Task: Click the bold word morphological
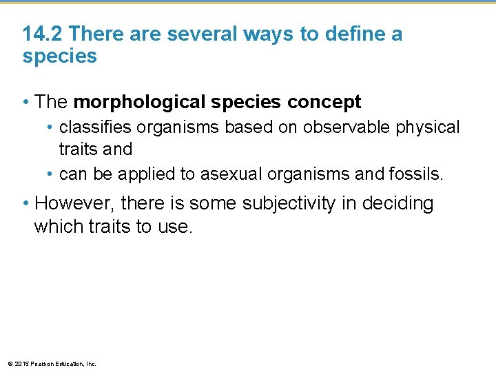140,103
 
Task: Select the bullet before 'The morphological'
26,103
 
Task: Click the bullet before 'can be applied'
51,174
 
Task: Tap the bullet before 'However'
26,204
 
